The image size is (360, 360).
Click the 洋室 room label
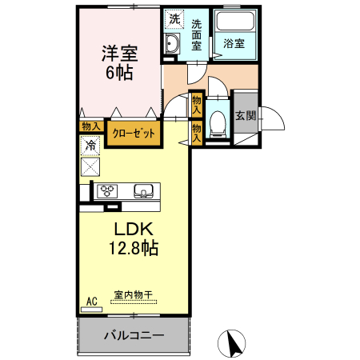[119, 54]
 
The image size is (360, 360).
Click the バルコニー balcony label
[134, 335]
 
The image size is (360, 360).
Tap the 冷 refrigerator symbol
[91, 146]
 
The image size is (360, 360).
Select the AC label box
[91, 301]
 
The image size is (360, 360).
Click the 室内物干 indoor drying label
[134, 295]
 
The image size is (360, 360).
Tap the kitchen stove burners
[107, 190]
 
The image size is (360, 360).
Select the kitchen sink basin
[143, 190]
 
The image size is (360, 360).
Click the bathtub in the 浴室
[235, 24]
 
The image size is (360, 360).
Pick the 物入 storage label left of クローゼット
[90, 126]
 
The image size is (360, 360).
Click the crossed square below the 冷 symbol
[91, 167]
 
